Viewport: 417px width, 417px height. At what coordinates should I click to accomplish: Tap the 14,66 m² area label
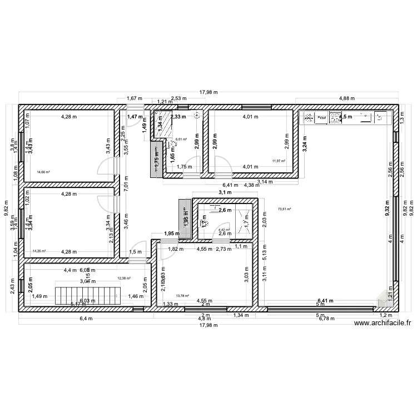43,172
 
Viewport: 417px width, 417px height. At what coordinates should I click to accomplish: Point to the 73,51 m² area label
284,209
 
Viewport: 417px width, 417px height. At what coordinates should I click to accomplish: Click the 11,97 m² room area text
279,161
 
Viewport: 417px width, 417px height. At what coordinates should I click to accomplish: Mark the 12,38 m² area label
123,278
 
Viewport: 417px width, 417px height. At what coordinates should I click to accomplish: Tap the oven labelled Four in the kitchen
321,117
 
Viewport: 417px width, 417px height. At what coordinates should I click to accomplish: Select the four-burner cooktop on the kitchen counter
335,117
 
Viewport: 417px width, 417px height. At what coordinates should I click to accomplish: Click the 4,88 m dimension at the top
346,99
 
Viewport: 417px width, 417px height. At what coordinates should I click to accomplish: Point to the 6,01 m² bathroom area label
181,140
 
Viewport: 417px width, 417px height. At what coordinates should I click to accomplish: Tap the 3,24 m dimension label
305,144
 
